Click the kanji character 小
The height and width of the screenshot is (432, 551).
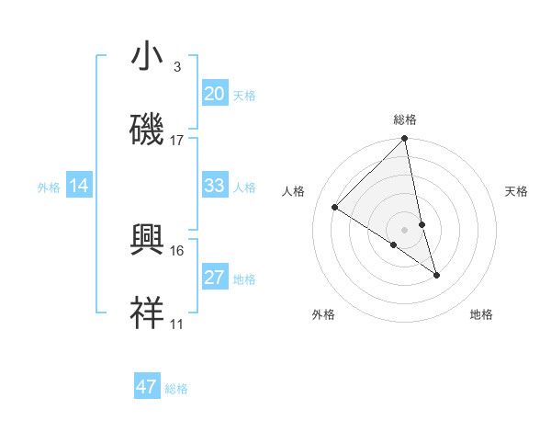click(x=148, y=57)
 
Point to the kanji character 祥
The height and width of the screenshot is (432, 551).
click(x=148, y=313)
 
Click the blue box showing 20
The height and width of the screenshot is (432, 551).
click(x=214, y=94)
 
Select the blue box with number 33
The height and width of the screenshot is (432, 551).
click(x=214, y=186)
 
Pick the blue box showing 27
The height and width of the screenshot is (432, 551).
click(x=214, y=278)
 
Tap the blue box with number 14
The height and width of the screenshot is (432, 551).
click(x=79, y=186)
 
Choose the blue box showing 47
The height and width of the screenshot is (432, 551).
click(x=147, y=387)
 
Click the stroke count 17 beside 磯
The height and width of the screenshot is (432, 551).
click(x=177, y=141)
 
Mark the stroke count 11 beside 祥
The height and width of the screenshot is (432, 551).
click(x=177, y=324)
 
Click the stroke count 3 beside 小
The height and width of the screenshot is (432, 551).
click(x=177, y=67)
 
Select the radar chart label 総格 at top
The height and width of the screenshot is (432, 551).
click(x=405, y=119)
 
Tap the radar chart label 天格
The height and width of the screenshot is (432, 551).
click(x=517, y=191)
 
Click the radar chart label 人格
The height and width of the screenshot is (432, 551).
click(x=294, y=191)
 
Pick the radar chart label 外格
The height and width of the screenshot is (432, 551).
click(x=323, y=314)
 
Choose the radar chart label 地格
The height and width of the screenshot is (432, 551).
click(x=481, y=314)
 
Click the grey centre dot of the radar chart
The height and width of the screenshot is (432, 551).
click(x=405, y=229)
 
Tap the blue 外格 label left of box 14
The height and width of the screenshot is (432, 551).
click(x=49, y=187)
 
